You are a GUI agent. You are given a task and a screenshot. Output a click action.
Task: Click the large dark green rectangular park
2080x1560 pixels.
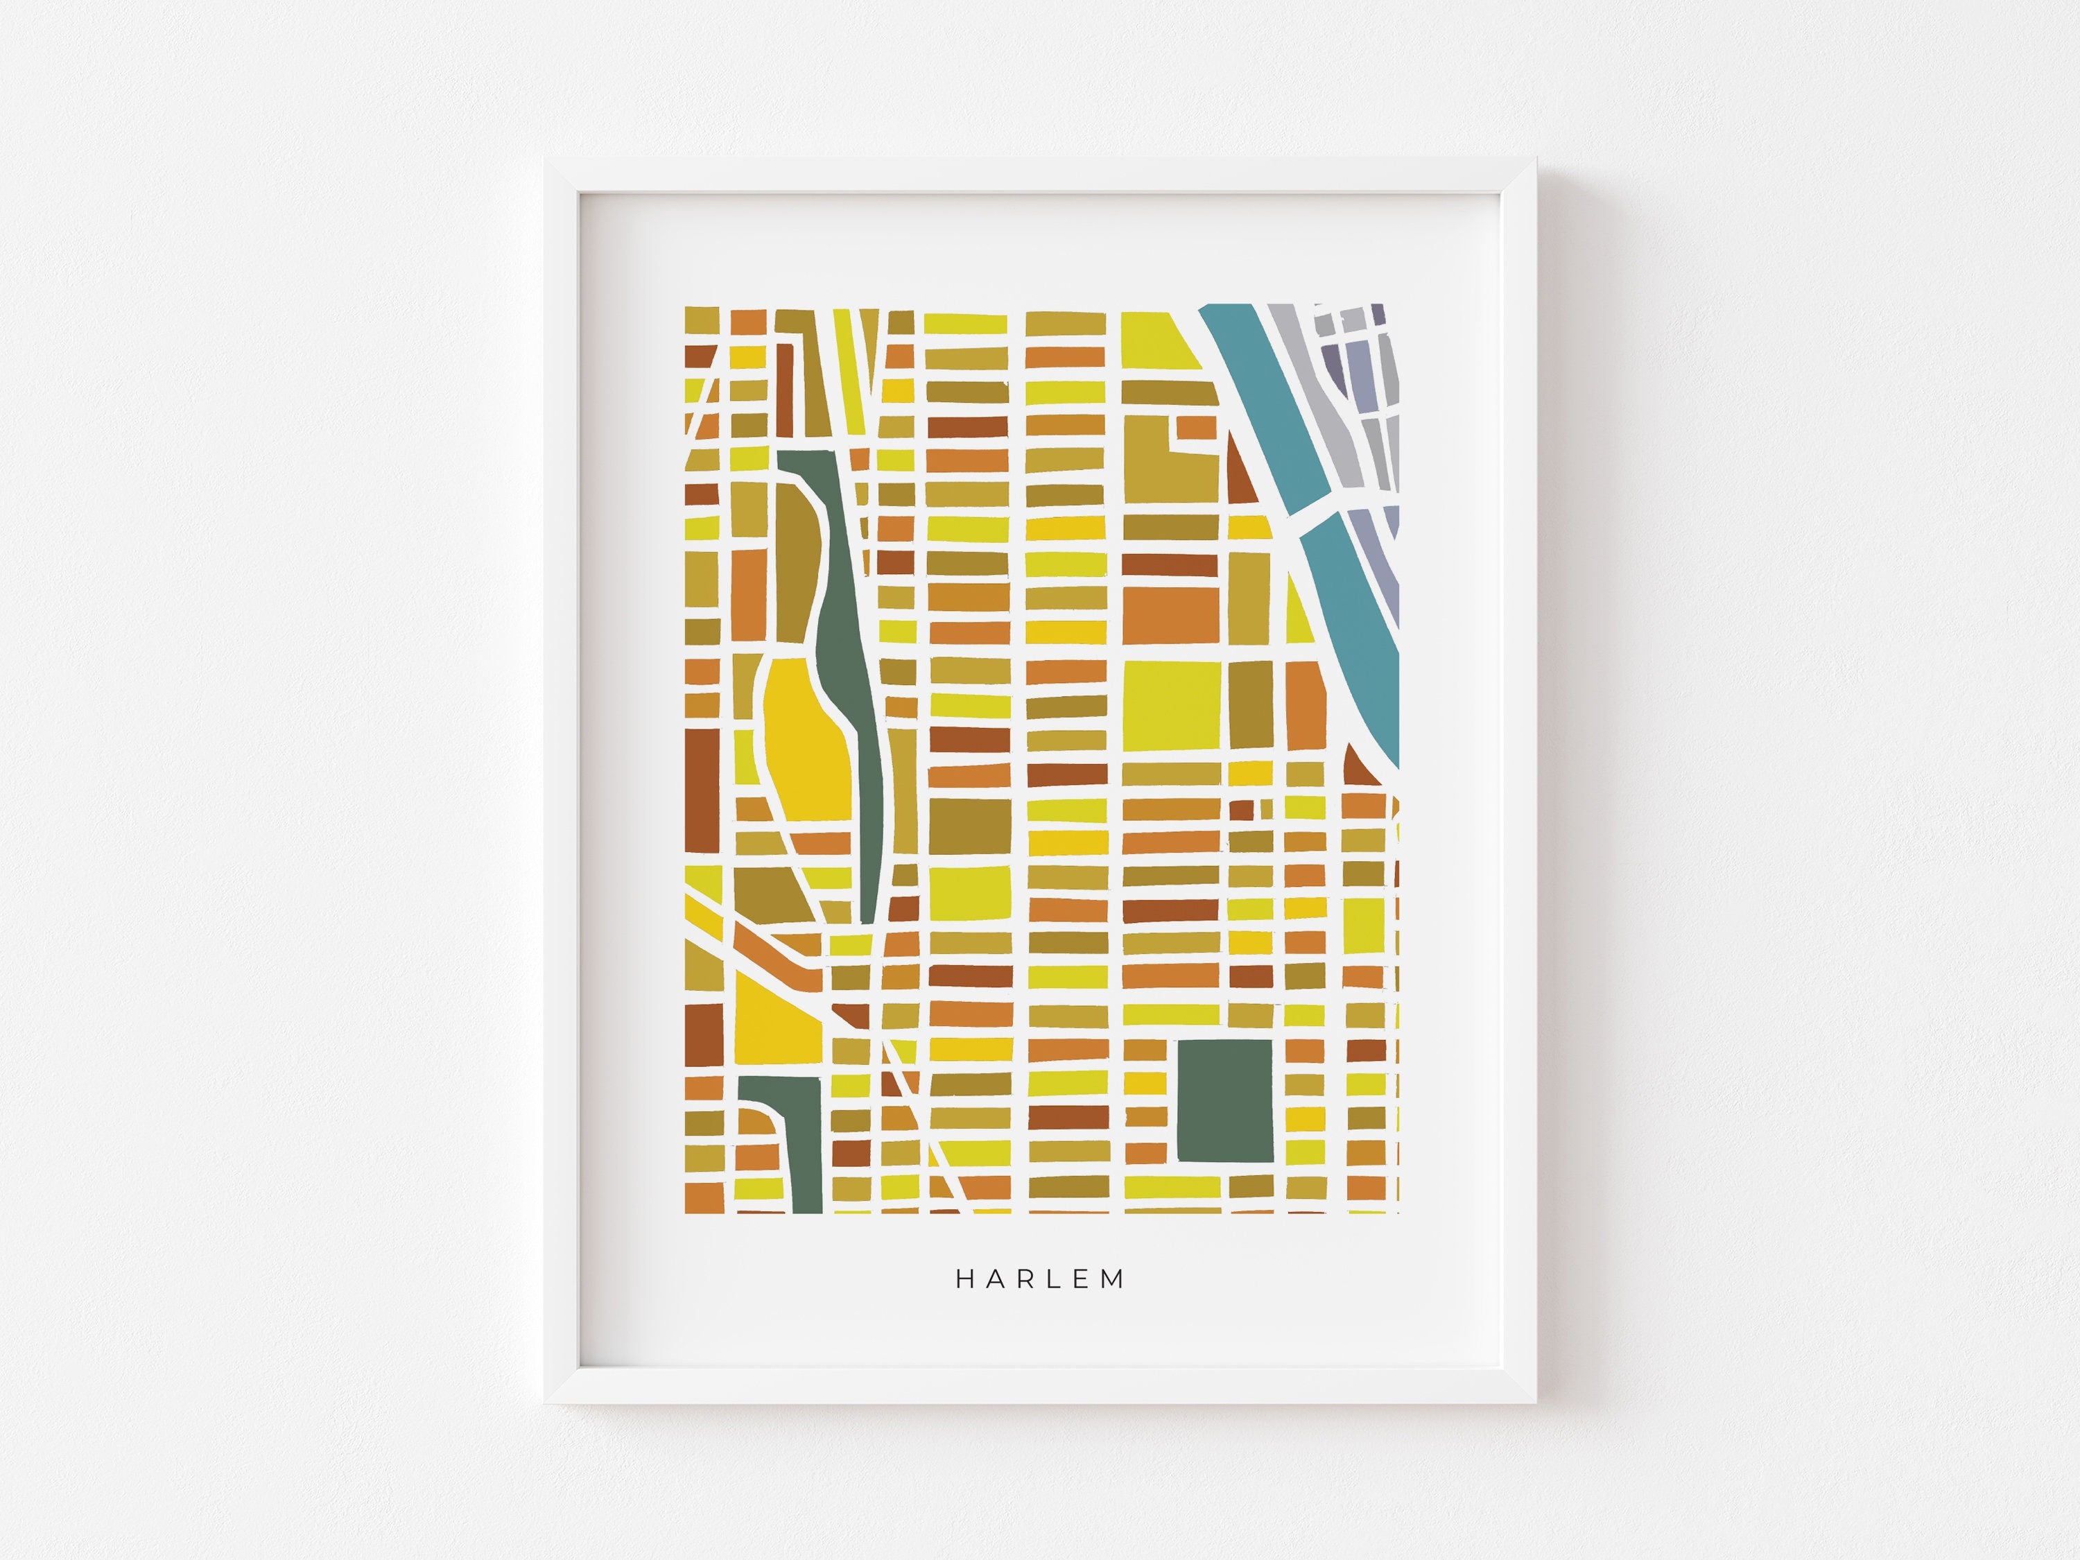(x=1224, y=1099)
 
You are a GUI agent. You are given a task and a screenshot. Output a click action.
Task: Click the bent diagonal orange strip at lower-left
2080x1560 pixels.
(x=781, y=969)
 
